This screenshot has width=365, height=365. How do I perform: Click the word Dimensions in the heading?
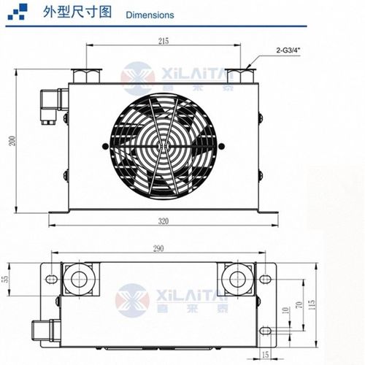(150, 15)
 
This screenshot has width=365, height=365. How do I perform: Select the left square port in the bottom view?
(75, 277)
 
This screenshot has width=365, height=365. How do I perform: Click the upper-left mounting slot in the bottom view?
(52, 277)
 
